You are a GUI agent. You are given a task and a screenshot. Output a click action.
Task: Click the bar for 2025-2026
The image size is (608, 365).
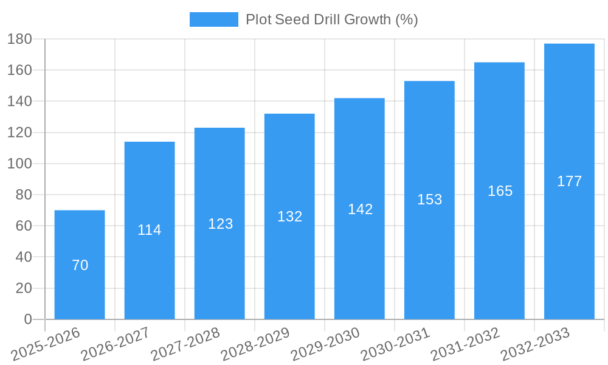coord(80,265)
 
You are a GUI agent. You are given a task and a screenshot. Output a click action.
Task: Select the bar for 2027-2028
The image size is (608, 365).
coord(219,223)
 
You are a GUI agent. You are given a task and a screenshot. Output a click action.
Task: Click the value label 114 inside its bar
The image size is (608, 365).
coord(150,230)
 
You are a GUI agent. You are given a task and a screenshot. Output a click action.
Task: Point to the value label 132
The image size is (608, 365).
coord(289,217)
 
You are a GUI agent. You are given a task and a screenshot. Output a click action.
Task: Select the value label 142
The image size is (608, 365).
coord(360,209)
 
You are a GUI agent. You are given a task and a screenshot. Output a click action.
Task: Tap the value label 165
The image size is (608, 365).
coord(500,191)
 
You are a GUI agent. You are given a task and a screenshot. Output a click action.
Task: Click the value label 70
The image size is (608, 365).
coord(80,265)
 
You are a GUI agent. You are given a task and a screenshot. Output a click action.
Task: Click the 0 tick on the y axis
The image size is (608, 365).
coord(28,319)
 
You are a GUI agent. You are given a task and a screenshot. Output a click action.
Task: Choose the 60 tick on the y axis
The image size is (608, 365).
coord(23,226)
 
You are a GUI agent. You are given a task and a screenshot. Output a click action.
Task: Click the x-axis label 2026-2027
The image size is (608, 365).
coord(116,344)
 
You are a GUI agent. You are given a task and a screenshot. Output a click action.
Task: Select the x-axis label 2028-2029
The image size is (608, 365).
coord(255,344)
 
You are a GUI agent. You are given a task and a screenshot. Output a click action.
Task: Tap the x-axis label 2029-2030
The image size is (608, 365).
coord(325,344)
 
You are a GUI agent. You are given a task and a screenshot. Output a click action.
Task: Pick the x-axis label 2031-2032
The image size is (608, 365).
coord(465,344)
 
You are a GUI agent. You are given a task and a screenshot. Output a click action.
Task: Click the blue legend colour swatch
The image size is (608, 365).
coord(213,19)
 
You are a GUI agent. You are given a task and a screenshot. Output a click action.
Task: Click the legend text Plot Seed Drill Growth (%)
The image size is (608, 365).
coord(331,19)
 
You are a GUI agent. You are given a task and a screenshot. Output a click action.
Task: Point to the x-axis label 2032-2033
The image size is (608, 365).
coord(535,344)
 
